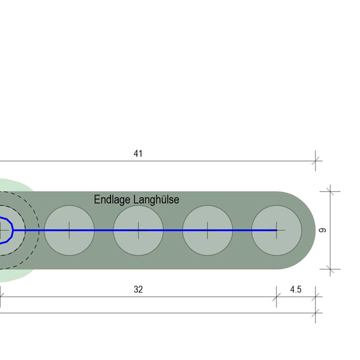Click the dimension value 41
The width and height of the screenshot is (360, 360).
[x=138, y=154]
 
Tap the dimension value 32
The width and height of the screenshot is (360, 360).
[x=138, y=289]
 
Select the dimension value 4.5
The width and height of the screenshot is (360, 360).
[x=296, y=289]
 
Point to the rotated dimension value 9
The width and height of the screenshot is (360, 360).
[x=323, y=230]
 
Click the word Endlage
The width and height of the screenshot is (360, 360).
[x=112, y=200]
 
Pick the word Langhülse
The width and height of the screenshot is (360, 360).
[x=156, y=199]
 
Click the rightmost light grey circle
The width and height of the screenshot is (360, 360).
[x=277, y=230]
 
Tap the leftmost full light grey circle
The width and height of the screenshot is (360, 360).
[x=70, y=230]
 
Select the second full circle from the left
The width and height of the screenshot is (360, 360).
[x=138, y=230]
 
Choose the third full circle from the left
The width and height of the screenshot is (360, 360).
[x=208, y=230]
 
